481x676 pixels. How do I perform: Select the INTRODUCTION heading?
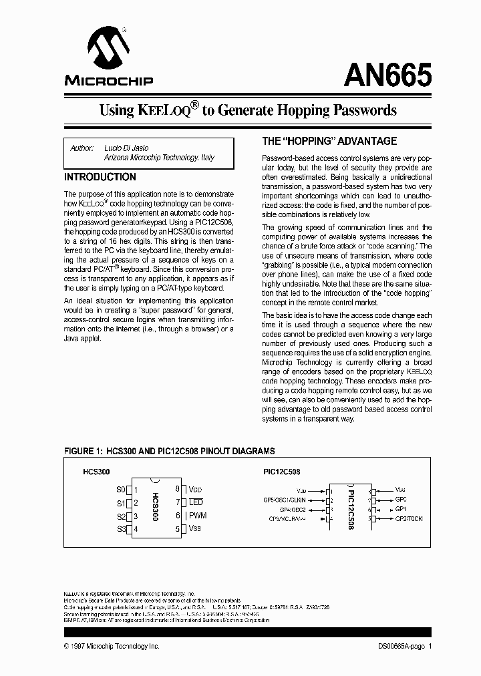[x=100, y=177]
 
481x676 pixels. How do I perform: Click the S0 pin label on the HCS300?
[x=121, y=489]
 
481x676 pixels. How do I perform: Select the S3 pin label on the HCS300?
[x=121, y=529]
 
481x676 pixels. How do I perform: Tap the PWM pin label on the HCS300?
[x=198, y=515]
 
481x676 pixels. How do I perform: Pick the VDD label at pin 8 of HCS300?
[x=194, y=489]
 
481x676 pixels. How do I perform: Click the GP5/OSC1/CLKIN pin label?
[x=285, y=499]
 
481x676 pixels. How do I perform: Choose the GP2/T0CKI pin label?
[x=409, y=518]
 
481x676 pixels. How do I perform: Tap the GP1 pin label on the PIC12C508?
[x=401, y=508]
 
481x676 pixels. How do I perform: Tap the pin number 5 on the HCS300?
[x=178, y=529]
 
